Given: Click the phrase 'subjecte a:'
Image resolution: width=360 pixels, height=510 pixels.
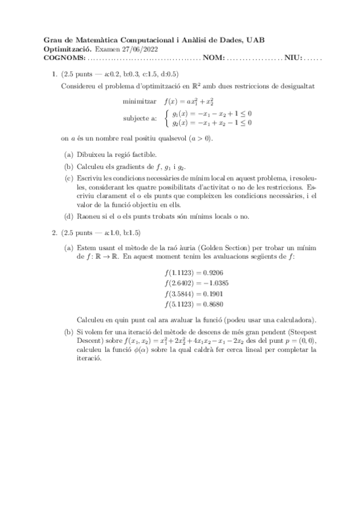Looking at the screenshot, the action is click(140, 118).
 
